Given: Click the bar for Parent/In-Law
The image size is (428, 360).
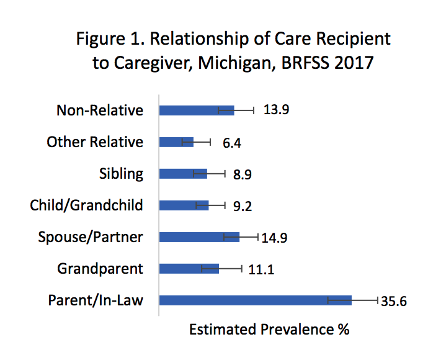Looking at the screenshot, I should (x=254, y=300).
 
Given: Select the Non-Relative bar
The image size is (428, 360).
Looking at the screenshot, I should (x=196, y=110).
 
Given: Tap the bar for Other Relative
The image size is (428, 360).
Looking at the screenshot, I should (x=176, y=142).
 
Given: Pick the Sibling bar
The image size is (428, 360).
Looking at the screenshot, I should (x=183, y=174).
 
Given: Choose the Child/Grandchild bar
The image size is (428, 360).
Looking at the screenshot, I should (x=184, y=205).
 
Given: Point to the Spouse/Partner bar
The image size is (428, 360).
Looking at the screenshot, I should (x=198, y=237).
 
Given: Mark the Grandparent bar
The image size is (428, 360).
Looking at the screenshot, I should (x=189, y=269).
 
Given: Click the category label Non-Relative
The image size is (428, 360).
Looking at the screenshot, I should (x=100, y=110).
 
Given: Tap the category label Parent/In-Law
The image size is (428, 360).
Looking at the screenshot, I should (x=96, y=300).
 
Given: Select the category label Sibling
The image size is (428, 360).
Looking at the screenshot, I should (x=121, y=174).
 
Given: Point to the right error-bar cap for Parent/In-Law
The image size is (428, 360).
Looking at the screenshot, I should (x=377, y=300).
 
